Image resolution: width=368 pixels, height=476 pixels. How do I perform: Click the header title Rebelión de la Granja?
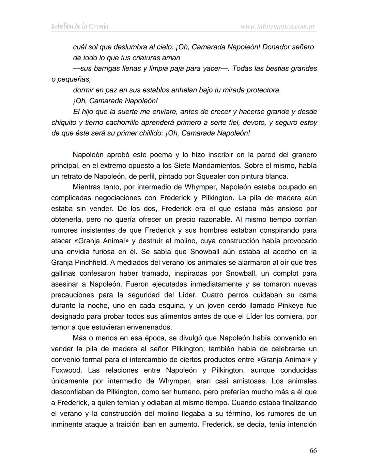tap(80, 26)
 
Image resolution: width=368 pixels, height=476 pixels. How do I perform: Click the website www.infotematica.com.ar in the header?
tap(278, 26)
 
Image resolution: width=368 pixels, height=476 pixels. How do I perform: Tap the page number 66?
tap(313, 451)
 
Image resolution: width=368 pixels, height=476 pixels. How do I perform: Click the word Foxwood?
tap(66, 370)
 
